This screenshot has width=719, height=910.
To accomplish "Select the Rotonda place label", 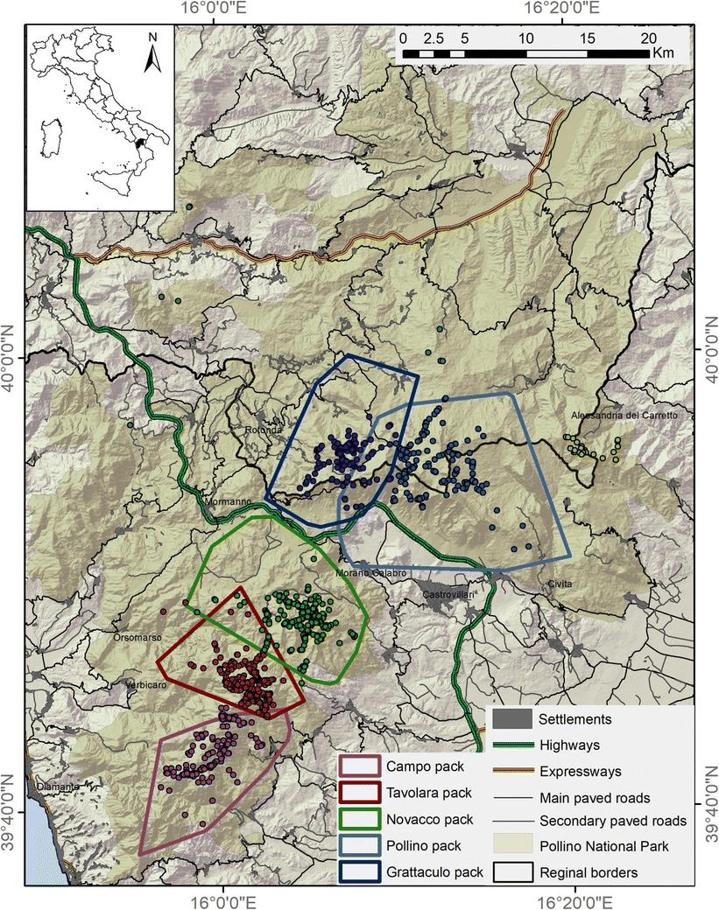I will point(262,430).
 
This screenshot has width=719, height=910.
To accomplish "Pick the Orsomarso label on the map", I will point(136,638).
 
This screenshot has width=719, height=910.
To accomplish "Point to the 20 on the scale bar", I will point(648,38).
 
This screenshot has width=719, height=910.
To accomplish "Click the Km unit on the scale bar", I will point(663,53).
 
